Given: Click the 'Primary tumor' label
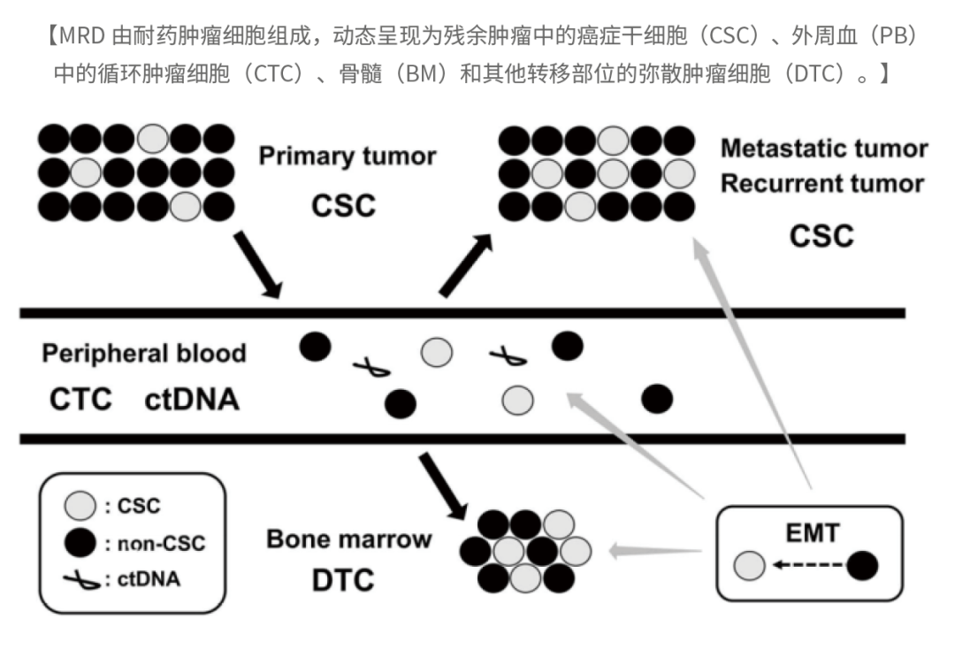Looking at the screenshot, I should pos(347,157).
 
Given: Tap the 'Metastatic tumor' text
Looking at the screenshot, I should pos(823,149).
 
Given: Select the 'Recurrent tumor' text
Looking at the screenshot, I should pos(821,184).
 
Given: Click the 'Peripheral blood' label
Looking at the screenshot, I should pos(144,354).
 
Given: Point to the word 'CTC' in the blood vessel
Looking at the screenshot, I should pos(80,400).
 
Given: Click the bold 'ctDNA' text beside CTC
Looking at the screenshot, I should pos(192,400).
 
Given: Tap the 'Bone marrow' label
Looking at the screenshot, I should pos(349,539).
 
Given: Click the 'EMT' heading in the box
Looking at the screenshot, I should pos(812,532).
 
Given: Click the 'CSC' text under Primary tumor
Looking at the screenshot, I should pos(343,205).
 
